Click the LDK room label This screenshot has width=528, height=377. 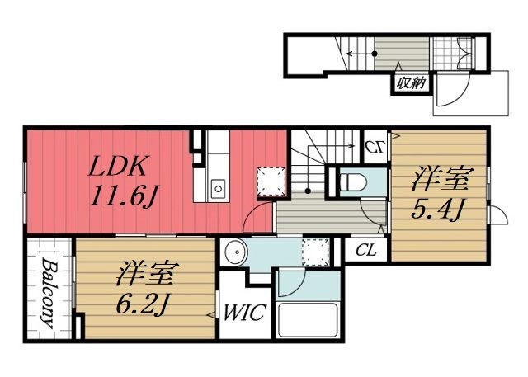(119, 168)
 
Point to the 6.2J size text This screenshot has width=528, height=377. (143, 304)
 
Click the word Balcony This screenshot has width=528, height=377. (47, 293)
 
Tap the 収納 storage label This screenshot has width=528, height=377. (410, 82)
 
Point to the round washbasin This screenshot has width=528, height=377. (235, 252)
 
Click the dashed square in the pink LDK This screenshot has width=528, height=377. (269, 180)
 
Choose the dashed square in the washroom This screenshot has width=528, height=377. (314, 252)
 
